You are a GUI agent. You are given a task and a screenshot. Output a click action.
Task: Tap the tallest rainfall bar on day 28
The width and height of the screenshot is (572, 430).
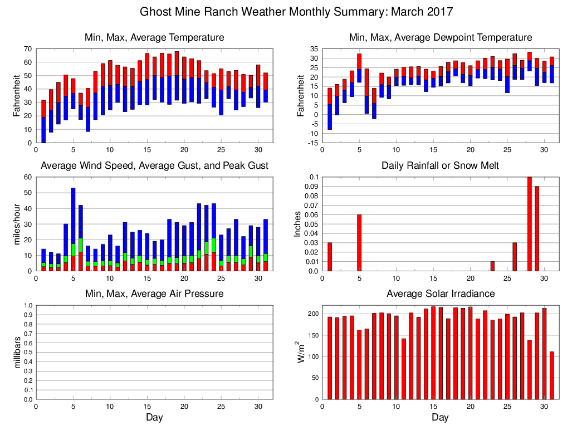[x=529, y=224]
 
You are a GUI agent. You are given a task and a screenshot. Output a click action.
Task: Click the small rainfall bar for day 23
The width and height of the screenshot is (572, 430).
[x=492, y=266]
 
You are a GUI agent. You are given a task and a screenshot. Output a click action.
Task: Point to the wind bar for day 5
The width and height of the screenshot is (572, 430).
[x=73, y=229]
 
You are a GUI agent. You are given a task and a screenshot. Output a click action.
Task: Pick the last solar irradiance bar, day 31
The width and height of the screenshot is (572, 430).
[x=551, y=375]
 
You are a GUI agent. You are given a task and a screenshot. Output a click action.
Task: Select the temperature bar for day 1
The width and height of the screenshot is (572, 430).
[x=43, y=121]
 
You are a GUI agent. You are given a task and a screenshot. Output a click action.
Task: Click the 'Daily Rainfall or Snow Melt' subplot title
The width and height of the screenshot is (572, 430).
[x=440, y=165]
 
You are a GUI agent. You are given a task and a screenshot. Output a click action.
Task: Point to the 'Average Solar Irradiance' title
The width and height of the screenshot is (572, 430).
[x=440, y=294]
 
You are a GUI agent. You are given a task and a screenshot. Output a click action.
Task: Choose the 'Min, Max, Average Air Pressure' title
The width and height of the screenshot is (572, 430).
[x=154, y=294]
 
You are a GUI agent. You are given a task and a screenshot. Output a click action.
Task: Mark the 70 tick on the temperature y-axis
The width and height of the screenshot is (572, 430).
[x=28, y=48]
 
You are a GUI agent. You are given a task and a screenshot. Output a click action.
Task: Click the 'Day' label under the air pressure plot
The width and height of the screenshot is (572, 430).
[x=154, y=417]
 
